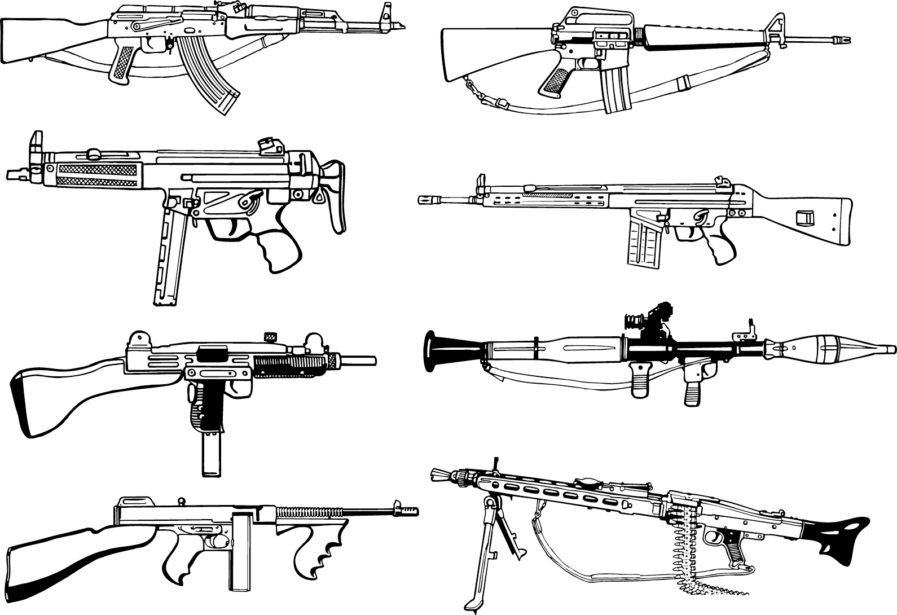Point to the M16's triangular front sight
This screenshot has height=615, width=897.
click(x=776, y=28)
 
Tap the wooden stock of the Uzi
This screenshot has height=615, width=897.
click(x=62, y=395)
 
